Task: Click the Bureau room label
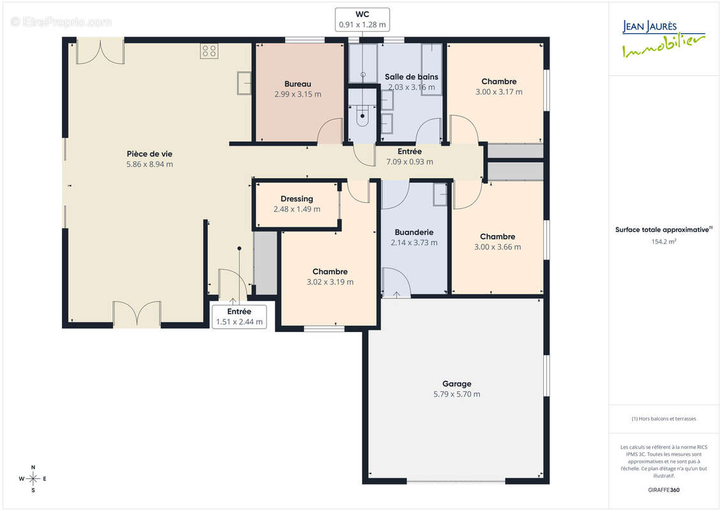(297, 84)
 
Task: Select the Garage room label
(457, 383)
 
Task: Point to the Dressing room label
(297, 199)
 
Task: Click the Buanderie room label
(414, 233)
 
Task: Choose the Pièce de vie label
(149, 154)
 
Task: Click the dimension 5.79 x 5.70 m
(457, 394)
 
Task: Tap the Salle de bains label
(412, 77)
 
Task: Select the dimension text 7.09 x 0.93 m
(410, 162)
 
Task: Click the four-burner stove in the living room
(209, 50)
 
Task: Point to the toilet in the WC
(363, 117)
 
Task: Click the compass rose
(33, 479)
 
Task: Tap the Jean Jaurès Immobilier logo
(663, 39)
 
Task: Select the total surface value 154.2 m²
(663, 241)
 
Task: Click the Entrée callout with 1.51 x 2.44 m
(239, 317)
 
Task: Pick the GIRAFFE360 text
(663, 490)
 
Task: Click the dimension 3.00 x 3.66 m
(498, 247)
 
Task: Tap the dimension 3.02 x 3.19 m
(330, 282)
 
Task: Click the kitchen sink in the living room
(244, 84)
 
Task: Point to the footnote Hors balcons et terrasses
(664, 419)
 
